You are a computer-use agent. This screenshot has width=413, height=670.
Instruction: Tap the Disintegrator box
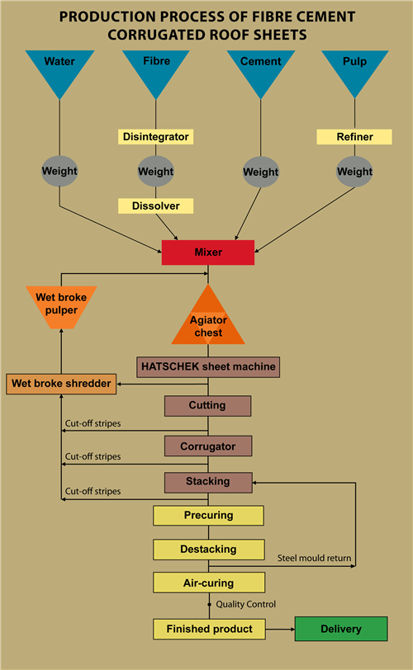click(x=155, y=137)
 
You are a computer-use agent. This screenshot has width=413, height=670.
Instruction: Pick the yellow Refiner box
click(x=354, y=137)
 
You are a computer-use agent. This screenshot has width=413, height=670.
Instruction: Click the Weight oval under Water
click(x=59, y=172)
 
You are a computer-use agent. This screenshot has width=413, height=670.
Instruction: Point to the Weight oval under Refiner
click(x=354, y=172)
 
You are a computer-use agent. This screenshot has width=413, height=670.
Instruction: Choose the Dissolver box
click(x=155, y=206)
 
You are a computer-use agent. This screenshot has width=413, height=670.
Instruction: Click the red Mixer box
click(x=208, y=252)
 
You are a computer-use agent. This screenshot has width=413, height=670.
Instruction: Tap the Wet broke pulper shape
click(x=61, y=306)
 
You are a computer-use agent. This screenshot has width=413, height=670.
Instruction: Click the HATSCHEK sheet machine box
click(x=208, y=367)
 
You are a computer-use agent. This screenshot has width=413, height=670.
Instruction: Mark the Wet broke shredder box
click(x=61, y=384)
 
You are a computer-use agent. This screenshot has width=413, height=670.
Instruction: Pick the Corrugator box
click(x=208, y=446)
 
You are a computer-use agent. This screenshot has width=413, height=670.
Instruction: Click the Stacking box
click(x=208, y=483)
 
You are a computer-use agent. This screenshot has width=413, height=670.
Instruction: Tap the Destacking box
click(x=209, y=550)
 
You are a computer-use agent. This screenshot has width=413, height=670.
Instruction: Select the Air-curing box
click(x=209, y=583)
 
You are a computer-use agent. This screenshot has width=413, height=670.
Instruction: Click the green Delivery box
click(x=341, y=629)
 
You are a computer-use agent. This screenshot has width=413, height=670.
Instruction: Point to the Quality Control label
click(x=246, y=604)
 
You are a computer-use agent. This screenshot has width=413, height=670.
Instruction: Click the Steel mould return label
click(x=314, y=558)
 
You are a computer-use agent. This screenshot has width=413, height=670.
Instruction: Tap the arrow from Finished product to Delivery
click(x=280, y=629)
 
